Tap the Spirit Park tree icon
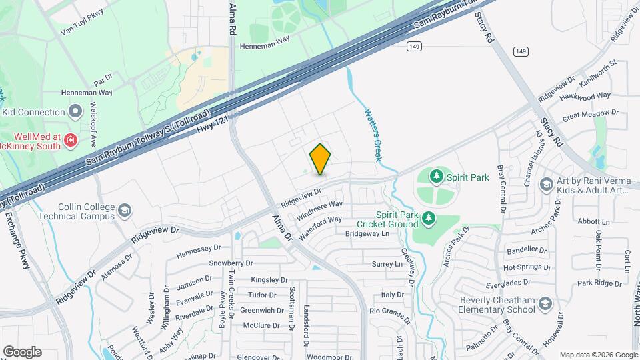(x=437, y=177)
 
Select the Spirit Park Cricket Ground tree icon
(x=428, y=218)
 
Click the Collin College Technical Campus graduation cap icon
(x=124, y=211)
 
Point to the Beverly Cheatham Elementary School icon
(x=546, y=304)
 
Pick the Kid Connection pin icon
(x=75, y=111)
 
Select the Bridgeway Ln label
(x=367, y=234)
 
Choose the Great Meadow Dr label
(x=591, y=115)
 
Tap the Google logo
(x=22, y=352)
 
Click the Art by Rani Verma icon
(x=546, y=183)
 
